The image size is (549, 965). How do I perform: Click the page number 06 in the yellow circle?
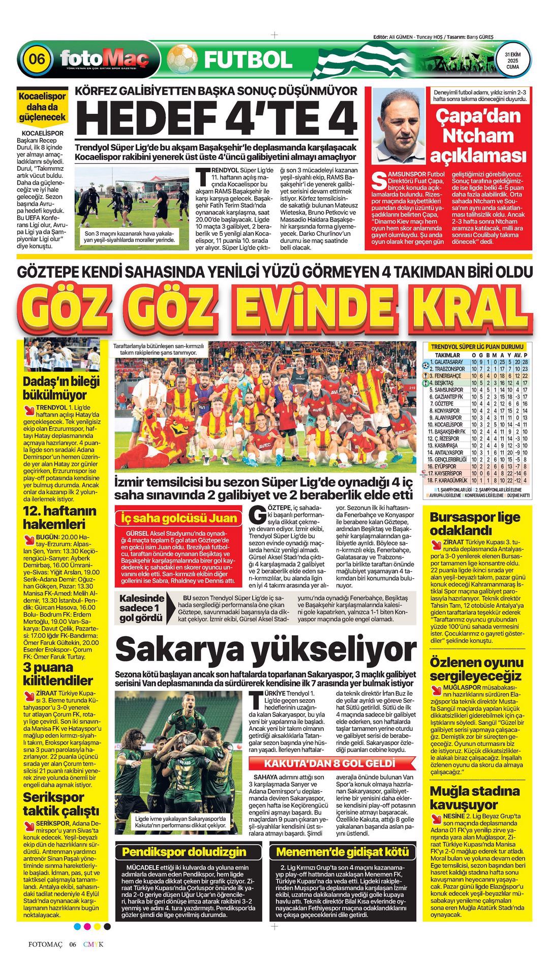tap(37, 59)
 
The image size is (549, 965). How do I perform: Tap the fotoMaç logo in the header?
tap(104, 58)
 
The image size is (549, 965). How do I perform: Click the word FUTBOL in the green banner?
tap(248, 60)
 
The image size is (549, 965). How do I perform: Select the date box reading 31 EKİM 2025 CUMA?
tap(512, 60)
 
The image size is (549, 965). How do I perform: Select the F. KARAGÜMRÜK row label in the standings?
tap(448, 480)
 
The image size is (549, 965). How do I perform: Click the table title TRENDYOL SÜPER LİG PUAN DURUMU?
tap(477, 347)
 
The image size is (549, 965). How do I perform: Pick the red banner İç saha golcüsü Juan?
tap(178, 518)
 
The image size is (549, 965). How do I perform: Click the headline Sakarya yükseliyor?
tap(266, 649)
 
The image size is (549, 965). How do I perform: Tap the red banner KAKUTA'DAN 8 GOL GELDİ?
tap(329, 764)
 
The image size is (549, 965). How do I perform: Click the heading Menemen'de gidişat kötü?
tap(342, 852)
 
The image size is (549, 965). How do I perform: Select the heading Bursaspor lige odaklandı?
tap(475, 524)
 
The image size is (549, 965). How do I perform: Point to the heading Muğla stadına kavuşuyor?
tap(475, 797)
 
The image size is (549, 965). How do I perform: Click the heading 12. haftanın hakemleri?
tap(59, 517)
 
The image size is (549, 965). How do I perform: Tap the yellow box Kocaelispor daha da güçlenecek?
tap(42, 107)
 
